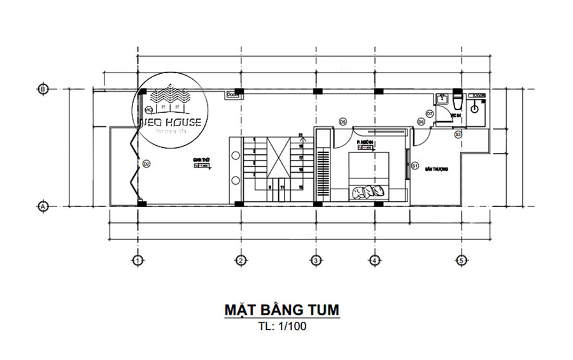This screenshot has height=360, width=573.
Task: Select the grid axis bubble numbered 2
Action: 241,260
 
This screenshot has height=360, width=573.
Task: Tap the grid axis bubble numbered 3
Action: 315,260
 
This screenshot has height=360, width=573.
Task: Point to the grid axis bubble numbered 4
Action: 374,260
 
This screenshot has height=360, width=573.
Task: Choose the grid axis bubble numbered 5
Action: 461,260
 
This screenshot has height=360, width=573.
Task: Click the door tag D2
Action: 146,164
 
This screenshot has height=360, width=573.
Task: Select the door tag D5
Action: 342,121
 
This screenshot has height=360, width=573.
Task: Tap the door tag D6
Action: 421,122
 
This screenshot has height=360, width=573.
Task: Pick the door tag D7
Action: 430,113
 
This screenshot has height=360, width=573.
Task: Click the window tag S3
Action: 458,134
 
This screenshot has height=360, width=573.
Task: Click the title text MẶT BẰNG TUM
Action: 281,310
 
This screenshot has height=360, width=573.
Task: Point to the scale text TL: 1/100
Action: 281,328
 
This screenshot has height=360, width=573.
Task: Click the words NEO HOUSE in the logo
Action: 170,122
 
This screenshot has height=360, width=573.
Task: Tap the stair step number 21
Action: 300,135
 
